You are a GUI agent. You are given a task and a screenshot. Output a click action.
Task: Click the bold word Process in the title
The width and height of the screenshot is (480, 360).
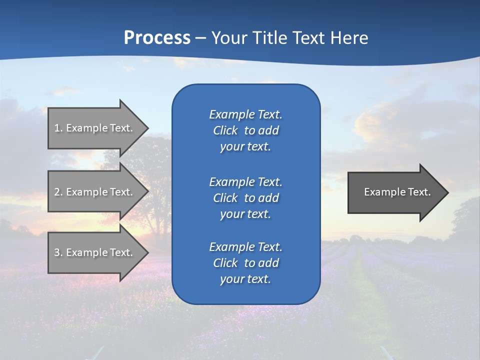tap(157, 37)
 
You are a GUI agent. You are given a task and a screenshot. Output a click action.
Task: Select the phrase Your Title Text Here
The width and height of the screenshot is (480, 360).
tap(289, 37)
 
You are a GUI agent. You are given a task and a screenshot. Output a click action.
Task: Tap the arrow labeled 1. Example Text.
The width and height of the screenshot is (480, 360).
tap(93, 128)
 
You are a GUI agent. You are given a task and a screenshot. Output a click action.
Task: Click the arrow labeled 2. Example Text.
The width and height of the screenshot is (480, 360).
tap(93, 192)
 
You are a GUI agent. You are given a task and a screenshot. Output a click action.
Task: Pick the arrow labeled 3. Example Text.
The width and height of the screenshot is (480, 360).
tap(93, 252)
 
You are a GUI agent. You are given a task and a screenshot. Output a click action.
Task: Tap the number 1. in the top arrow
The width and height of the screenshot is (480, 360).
tap(58, 128)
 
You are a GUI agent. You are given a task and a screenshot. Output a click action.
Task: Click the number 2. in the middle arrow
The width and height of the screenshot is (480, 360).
tap(58, 192)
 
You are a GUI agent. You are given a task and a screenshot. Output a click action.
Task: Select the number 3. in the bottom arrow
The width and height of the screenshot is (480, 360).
tap(58, 252)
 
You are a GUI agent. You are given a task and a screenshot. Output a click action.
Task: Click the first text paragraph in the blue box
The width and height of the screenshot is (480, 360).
tap(245, 130)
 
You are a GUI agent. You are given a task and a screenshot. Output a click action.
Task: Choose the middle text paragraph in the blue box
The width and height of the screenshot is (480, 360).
tap(245, 197)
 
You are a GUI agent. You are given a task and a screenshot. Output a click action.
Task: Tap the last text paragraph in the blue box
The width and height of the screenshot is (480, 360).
tap(245, 263)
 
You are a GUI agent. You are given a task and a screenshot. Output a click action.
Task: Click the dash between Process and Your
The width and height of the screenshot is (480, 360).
tap(201, 38)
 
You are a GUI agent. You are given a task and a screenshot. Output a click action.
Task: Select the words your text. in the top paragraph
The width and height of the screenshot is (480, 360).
tap(245, 147)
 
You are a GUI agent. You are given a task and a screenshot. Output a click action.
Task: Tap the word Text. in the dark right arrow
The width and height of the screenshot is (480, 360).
tap(418, 192)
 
